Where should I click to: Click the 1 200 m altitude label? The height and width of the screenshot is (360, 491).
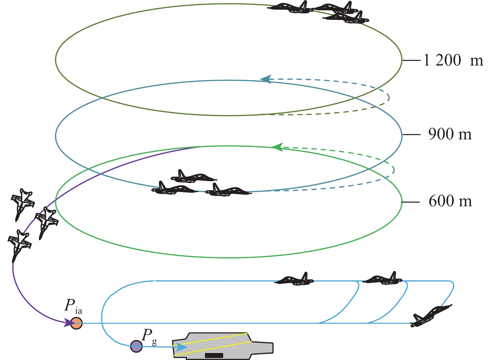click(453, 61)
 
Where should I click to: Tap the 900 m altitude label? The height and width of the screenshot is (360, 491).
click(450, 134)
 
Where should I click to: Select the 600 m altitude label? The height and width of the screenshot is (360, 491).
click(450, 201)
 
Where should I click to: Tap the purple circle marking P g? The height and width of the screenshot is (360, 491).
click(136, 346)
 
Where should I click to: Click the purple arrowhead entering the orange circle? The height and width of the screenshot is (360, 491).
click(69, 322)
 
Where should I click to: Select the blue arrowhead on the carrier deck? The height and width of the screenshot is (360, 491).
click(181, 347)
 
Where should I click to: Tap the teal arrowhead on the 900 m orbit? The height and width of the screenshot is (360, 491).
click(266, 79)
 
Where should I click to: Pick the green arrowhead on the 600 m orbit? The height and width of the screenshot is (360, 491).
click(277, 147)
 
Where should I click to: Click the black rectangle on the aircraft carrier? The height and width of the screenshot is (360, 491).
click(214, 355)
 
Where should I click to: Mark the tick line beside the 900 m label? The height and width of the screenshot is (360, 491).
click(411, 134)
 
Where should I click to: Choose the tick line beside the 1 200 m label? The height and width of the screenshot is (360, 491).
click(411, 61)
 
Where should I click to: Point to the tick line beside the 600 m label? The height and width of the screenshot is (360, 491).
click(411, 202)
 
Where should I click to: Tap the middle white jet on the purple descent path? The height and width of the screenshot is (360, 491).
click(46, 221)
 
